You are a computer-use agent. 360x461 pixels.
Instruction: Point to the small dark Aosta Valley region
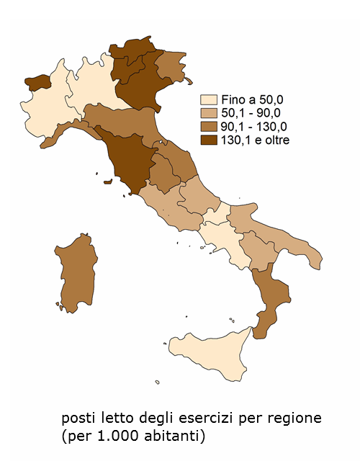(36, 81)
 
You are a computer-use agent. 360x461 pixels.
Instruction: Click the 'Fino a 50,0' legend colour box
(210, 100)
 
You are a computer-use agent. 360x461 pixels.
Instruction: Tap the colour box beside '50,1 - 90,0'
(210, 113)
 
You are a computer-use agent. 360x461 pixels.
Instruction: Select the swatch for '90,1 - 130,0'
(210, 126)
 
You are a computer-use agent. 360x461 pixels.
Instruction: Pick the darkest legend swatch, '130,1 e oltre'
(210, 140)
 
